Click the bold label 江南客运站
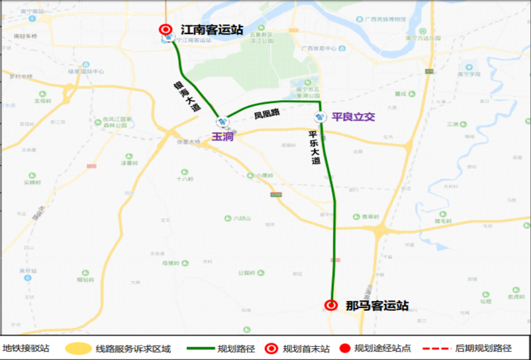pyautogui.click(x=211, y=29)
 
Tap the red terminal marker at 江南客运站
pyautogui.click(x=165, y=29)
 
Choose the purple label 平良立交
pyautogui.click(x=353, y=117)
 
